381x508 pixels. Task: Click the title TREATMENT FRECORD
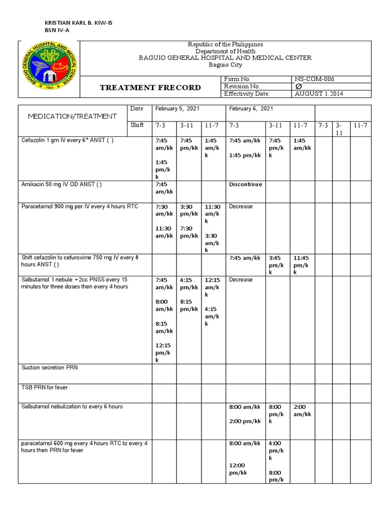(150, 87)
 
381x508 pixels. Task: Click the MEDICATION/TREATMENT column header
(72, 116)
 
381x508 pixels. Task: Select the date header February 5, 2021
(176, 109)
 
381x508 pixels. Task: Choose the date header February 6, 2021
(251, 109)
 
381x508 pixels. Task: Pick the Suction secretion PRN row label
(50, 368)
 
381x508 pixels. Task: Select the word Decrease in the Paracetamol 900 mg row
(241, 206)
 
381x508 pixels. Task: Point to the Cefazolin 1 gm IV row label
(67, 140)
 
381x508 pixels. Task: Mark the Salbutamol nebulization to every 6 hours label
(72, 406)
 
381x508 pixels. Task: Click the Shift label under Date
(137, 125)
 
